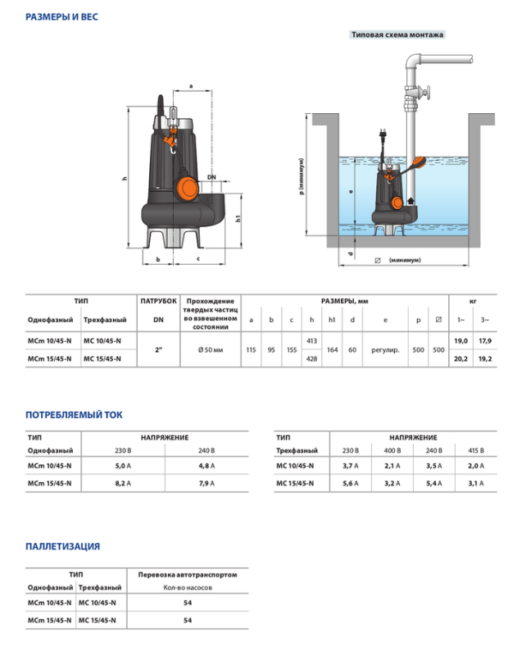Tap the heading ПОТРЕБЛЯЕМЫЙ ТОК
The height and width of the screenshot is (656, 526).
tap(74, 415)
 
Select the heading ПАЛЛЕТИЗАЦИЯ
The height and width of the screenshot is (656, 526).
tap(63, 546)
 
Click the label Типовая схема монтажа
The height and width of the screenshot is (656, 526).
tap(397, 35)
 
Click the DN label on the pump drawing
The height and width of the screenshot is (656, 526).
tap(211, 177)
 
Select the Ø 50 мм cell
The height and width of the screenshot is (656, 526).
tap(211, 349)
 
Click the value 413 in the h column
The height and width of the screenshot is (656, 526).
tap(311, 339)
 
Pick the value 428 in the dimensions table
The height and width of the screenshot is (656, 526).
tap(311, 359)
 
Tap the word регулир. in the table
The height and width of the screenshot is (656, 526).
tap(384, 349)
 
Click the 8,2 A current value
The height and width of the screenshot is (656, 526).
tap(119, 484)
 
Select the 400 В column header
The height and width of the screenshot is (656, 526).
tap(392, 450)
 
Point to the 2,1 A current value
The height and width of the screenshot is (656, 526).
tap(392, 466)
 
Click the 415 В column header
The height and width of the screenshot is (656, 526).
tap(476, 450)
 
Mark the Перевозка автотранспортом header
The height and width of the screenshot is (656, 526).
tap(188, 575)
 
